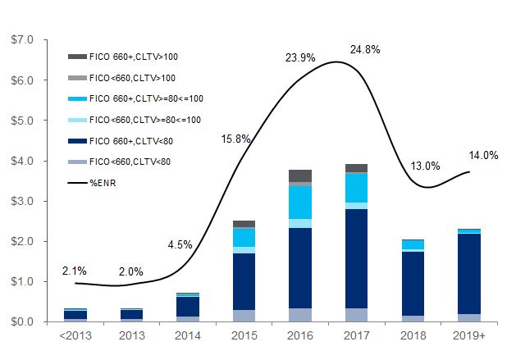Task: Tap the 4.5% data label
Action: point(180,244)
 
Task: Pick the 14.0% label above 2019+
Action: point(484,155)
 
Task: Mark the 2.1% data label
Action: point(74,271)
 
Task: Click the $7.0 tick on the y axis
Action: point(22,39)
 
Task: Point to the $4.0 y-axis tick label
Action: point(22,161)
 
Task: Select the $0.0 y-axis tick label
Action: point(22,322)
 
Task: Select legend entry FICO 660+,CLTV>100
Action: point(131,57)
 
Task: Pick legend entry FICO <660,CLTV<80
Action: point(131,161)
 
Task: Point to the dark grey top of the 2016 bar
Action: point(299,175)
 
